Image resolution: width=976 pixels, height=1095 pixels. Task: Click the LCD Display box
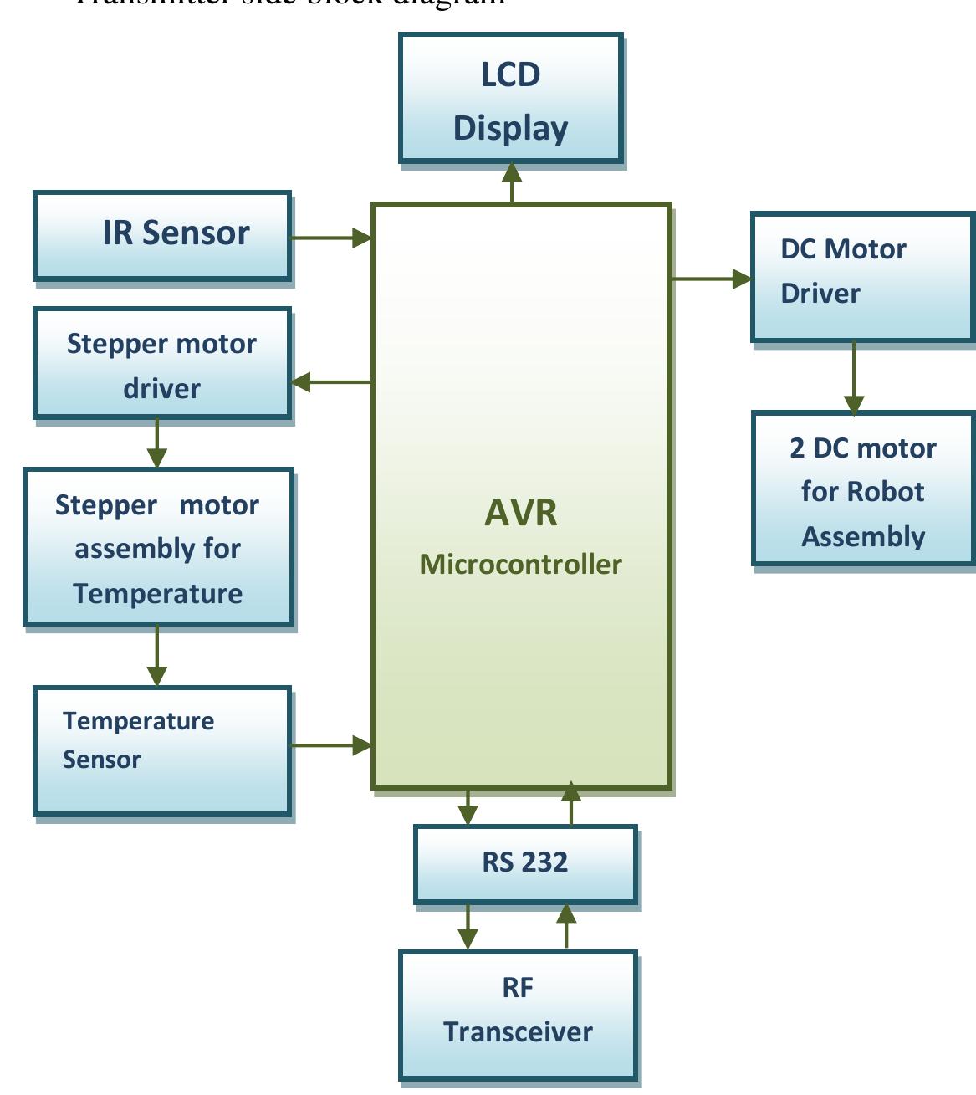click(x=511, y=99)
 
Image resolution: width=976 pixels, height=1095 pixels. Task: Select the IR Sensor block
click(x=162, y=235)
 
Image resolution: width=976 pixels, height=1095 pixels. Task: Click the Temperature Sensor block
click(x=162, y=750)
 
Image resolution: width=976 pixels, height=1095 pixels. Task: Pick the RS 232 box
click(x=525, y=863)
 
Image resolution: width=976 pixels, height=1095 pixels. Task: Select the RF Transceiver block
click(x=518, y=1014)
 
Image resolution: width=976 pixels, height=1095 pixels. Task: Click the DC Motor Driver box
click(x=862, y=277)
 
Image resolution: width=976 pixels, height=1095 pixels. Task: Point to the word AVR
click(x=520, y=513)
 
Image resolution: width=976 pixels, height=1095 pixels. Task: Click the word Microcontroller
click(x=520, y=565)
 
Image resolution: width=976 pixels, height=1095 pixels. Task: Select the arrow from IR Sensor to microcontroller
click(x=331, y=238)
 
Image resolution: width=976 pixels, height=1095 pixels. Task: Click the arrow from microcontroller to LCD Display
click(x=512, y=183)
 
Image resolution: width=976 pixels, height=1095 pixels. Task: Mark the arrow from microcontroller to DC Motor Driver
click(x=712, y=279)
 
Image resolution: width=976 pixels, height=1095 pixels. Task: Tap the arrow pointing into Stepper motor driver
click(x=331, y=382)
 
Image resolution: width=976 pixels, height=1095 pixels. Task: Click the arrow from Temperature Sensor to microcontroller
click(x=331, y=744)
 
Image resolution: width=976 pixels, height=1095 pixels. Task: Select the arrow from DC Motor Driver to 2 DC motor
click(x=854, y=377)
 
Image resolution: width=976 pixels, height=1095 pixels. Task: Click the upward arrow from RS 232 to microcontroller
click(x=571, y=805)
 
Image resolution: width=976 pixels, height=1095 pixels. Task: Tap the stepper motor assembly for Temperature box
click(x=158, y=547)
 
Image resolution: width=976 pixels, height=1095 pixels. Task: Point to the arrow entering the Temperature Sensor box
click(x=157, y=656)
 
